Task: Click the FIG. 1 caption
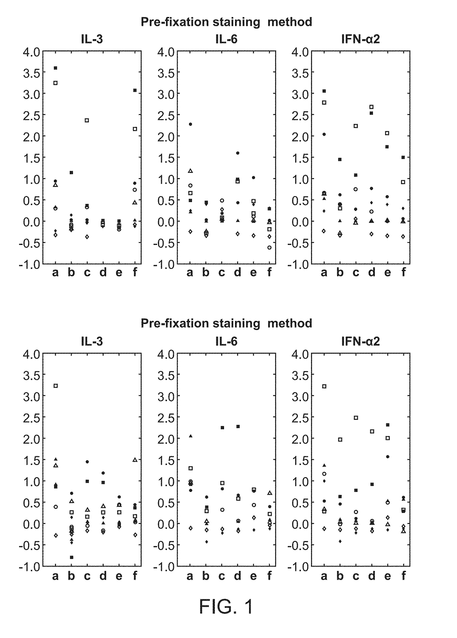click(226, 606)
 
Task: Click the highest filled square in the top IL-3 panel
click(55, 68)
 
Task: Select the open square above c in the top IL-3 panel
click(87, 120)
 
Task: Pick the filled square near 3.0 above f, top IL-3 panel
click(135, 90)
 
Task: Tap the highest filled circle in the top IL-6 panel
click(190, 124)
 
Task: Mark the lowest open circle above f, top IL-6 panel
click(269, 247)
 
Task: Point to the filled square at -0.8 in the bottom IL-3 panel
click(71, 557)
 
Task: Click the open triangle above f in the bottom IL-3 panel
click(135, 460)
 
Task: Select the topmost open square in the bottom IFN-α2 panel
click(324, 386)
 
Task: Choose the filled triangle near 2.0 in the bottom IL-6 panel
click(190, 436)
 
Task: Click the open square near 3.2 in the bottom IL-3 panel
click(55, 386)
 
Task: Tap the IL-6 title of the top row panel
click(226, 39)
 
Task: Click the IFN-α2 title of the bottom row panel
click(360, 341)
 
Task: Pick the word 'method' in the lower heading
click(290, 323)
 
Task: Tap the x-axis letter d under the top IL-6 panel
click(237, 273)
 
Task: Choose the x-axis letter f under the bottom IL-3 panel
click(135, 575)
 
